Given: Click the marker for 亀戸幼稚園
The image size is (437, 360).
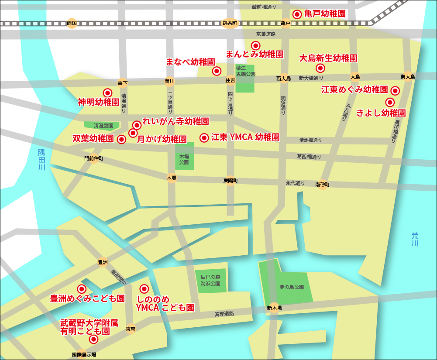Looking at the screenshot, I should pos(297,14).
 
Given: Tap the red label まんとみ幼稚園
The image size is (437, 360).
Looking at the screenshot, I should pos(255,55).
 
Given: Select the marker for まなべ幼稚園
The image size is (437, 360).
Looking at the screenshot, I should pos(216,71).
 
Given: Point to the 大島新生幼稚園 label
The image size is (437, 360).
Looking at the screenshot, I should pos(328,58).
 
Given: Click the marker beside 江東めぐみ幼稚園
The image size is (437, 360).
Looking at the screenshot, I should pos(395,91).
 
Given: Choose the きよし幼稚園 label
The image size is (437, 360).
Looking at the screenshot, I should pos(381,113).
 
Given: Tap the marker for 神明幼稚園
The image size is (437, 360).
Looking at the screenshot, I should pos(107,93).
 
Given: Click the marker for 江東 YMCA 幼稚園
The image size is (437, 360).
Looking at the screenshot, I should pos(204,138).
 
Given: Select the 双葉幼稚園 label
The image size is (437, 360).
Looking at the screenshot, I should pos(93,139).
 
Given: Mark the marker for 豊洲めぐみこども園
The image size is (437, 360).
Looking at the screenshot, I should pos(81,289).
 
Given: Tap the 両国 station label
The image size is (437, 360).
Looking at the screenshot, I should pos(72,23).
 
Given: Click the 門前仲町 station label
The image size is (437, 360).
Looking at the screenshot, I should pos(94,158).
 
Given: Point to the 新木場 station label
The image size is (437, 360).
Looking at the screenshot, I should pos(274,308).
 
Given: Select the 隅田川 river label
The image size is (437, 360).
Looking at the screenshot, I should pos(41,160).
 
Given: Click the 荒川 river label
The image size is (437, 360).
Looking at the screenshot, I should pos(415,239).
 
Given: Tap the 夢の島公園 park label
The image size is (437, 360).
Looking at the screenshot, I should pos(292,288).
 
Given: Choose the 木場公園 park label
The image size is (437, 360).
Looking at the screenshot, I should pos(184,159).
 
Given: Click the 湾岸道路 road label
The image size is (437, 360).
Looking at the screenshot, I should pos(224,314).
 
